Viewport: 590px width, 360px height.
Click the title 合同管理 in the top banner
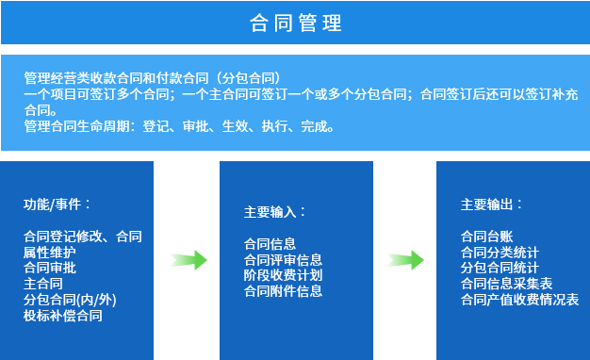point(295,23)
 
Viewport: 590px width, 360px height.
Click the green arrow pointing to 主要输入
point(188,260)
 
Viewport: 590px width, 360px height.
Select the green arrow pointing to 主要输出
point(405,260)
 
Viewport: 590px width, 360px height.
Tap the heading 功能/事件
point(57,205)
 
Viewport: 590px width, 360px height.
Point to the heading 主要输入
point(274,212)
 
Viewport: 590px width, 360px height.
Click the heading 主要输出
point(491,205)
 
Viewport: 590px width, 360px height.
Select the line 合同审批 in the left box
point(50,268)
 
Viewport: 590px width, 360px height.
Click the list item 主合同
point(43,284)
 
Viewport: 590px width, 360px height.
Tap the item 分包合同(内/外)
point(70,300)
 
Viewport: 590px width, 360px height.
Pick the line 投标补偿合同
point(63,316)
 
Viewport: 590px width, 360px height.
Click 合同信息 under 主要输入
point(270,244)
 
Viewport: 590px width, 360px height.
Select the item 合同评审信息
point(283,260)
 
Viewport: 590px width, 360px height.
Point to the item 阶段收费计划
point(283,275)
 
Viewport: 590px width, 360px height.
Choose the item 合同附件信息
point(283,291)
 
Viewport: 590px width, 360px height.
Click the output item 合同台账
point(487,237)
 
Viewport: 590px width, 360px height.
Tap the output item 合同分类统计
point(500,253)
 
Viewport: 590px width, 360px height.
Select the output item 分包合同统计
point(500,268)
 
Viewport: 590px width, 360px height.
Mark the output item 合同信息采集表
point(506,284)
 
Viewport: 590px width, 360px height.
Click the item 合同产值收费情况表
point(519,300)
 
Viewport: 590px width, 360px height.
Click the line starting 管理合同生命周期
point(179,126)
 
